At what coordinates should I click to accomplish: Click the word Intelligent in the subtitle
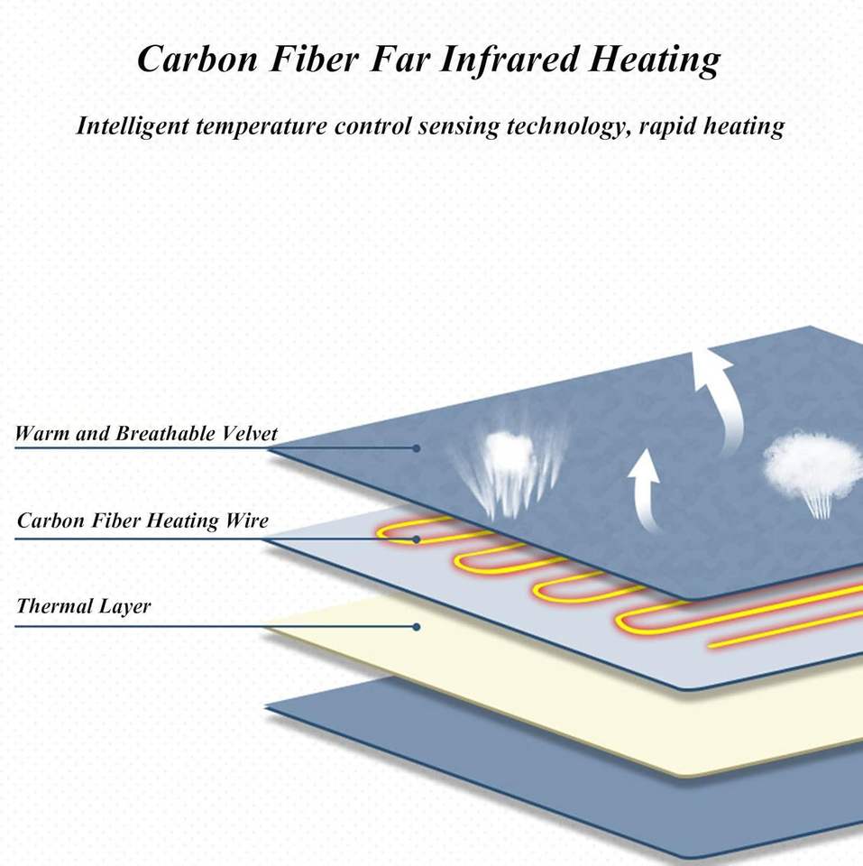tap(130, 126)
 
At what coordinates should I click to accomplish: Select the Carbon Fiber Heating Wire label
tap(142, 521)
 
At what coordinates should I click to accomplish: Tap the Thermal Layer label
tap(84, 606)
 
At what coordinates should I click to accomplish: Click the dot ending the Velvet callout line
tap(417, 447)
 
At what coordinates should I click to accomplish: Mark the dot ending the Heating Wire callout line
tap(417, 539)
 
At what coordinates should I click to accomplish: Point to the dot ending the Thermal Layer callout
tap(417, 626)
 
